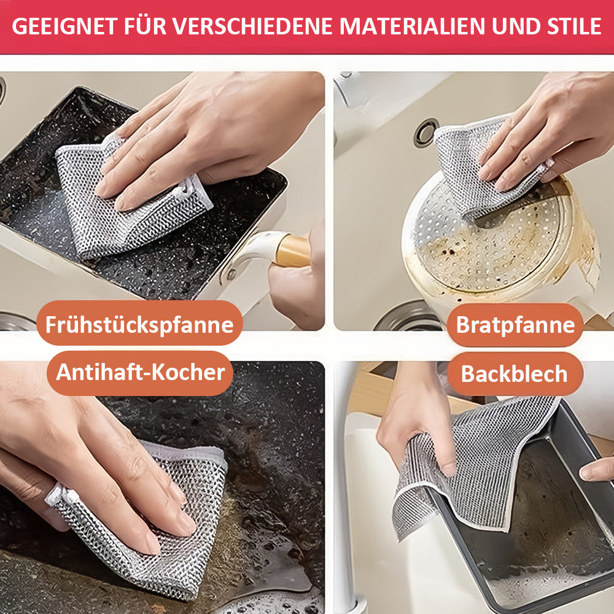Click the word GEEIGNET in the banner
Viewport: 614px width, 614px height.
tap(64, 26)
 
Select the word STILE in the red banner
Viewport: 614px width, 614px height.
tap(573, 26)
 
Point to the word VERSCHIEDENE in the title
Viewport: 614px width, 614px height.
tap(252, 26)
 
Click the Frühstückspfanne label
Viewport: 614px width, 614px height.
tap(139, 324)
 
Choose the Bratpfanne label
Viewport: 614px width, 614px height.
tap(515, 325)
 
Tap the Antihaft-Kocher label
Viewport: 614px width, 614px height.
tap(140, 373)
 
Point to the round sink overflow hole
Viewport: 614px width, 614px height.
tap(426, 133)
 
